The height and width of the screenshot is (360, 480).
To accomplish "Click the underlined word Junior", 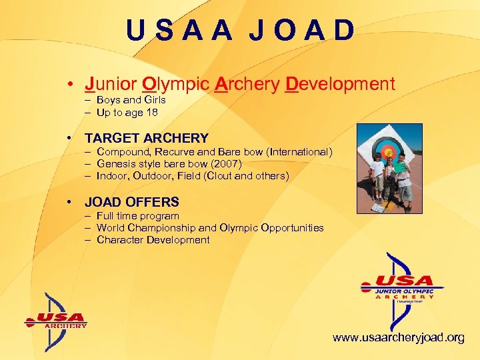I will pos(111,85).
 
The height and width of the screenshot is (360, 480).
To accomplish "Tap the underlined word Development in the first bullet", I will pos(339,85).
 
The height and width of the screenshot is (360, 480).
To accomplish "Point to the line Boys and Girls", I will pos(131,100).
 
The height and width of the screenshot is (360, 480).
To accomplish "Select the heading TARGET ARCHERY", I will pos(146,138).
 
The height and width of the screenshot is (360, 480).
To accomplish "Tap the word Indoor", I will pos(112,176).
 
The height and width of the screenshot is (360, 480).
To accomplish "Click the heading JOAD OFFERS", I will pos(131,202).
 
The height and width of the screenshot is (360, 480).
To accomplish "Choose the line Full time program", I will pos(137,216).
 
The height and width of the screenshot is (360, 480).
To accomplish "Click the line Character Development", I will pos(153,240).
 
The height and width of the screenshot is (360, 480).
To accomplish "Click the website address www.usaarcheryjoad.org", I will pos(398,338).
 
